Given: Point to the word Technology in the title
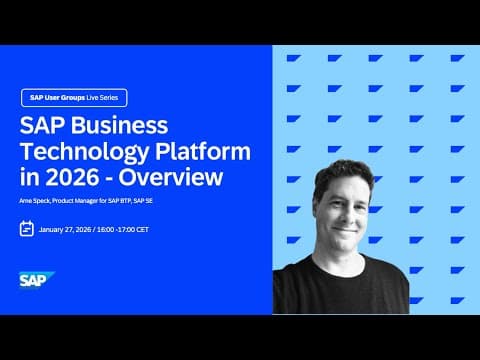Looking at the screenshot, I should point(83,153).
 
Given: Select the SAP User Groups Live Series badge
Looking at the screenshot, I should point(74,98).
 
